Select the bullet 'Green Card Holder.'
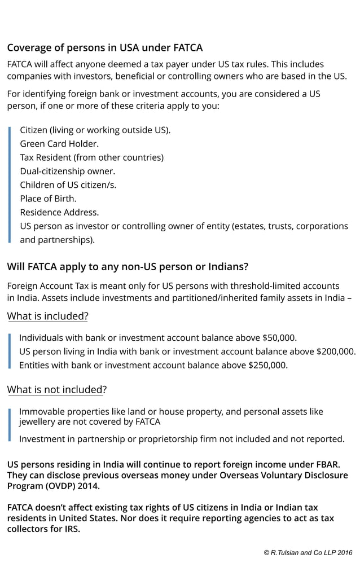click(59, 143)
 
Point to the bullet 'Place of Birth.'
click(48, 199)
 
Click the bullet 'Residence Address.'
click(59, 212)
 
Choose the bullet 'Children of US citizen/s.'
click(68, 184)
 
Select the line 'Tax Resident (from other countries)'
click(91, 157)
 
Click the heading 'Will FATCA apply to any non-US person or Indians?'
click(128, 266)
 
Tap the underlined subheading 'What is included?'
click(47, 316)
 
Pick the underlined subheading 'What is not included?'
click(56, 389)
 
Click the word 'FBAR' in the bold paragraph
click(327, 464)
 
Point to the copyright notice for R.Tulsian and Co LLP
click(308, 553)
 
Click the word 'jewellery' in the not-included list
click(38, 421)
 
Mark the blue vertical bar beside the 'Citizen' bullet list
click(10, 184)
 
